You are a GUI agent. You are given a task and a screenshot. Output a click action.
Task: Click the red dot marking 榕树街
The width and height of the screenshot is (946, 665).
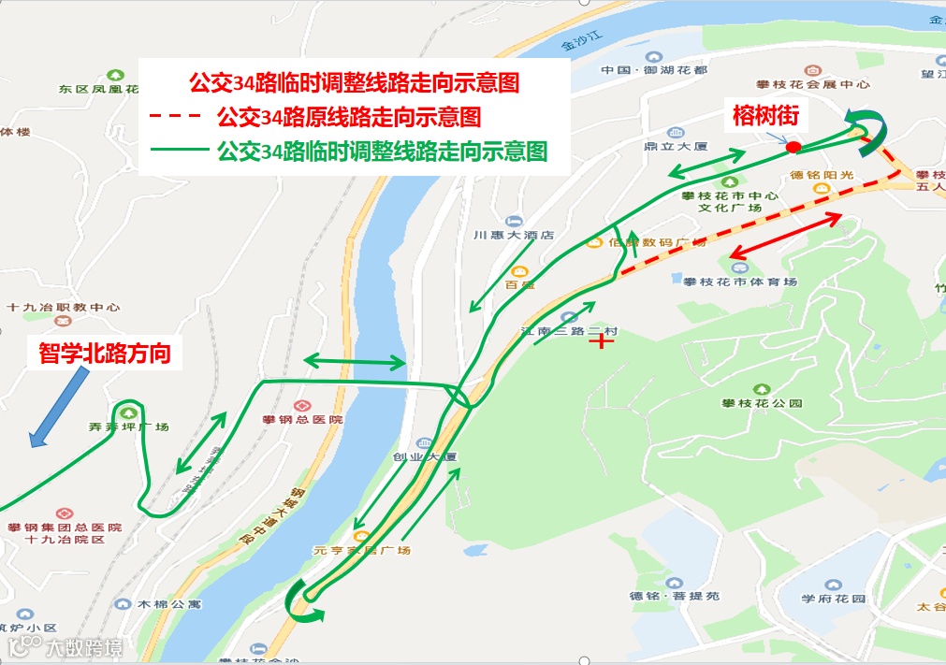793,147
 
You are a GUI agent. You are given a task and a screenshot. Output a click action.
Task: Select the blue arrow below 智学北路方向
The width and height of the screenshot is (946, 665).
59,407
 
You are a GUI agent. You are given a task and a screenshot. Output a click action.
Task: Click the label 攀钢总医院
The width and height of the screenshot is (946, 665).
302,419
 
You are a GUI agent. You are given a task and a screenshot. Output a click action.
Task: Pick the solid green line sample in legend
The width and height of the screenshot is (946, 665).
175,150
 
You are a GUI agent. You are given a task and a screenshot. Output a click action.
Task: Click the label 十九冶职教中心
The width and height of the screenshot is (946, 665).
63,307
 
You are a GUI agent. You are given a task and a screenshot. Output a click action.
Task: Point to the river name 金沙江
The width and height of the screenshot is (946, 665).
580,40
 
